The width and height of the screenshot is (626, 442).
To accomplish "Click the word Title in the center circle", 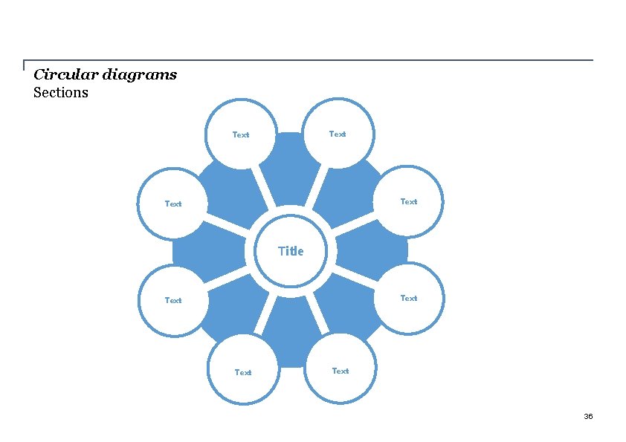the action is (x=291, y=251).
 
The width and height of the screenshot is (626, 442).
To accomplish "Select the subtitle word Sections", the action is (x=61, y=93).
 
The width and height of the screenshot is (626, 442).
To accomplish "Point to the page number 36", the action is (x=588, y=416).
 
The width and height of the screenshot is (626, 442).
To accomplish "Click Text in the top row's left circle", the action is (x=241, y=135).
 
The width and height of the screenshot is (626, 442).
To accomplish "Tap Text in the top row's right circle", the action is (x=338, y=134).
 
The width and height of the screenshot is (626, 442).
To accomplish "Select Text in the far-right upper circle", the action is (x=409, y=202).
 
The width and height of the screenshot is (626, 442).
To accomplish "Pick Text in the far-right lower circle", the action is (x=409, y=299).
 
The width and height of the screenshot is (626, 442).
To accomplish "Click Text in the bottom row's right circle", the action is (x=341, y=371).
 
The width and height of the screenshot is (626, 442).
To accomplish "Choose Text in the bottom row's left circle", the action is (x=243, y=373).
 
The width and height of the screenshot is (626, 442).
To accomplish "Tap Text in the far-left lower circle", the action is (x=173, y=301).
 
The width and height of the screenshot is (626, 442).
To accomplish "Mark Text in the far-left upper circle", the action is (x=173, y=204).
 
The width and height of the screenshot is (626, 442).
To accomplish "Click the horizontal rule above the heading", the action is (x=312, y=60).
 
